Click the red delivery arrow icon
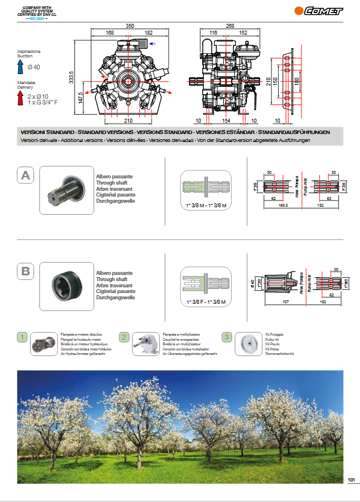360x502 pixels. pos(20,98)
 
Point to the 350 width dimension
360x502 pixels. pos(129,26)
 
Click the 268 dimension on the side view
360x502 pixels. pos(229,26)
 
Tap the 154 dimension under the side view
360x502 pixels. pos(225,121)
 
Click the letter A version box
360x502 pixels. pos(26,176)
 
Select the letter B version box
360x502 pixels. pos(26,271)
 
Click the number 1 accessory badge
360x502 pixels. pos(22,337)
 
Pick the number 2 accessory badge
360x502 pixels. pos(124,337)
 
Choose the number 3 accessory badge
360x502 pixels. pos(227,337)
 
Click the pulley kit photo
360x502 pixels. pos(248,344)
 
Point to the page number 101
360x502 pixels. pos(350,480)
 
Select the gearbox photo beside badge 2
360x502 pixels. pos(146,344)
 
